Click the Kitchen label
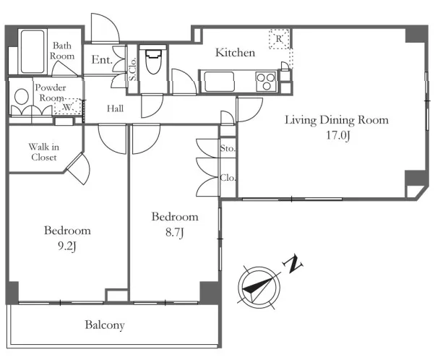[x=236, y=53]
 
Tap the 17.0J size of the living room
[x=338, y=135]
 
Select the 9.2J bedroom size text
[x=67, y=247]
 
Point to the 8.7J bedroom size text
[x=174, y=232]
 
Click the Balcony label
[x=105, y=325]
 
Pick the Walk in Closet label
[x=44, y=152]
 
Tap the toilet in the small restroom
[x=153, y=61]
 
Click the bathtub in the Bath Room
[x=33, y=51]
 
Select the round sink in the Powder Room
[x=22, y=97]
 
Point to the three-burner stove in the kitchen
[x=266, y=82]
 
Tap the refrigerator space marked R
[x=279, y=39]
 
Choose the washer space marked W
[x=68, y=106]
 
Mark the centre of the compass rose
[x=259, y=288]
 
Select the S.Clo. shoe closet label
[x=133, y=69]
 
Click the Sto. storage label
[x=228, y=148]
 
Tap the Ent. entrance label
[x=102, y=60]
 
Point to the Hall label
[x=115, y=108]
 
